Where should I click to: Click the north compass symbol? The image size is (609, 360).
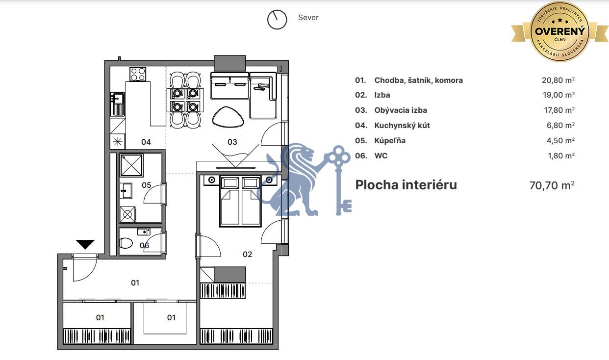tap(277, 19)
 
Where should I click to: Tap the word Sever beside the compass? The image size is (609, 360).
tap(308, 18)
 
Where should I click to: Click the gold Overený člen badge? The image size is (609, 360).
tap(560, 32)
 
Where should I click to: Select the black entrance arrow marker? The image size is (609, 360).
tap(85, 244)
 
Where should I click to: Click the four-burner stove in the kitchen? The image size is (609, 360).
tap(138, 74)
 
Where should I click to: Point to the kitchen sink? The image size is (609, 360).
tap(118, 103)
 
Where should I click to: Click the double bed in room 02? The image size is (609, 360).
tap(240, 201)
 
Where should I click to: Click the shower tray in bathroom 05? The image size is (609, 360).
tap(131, 165)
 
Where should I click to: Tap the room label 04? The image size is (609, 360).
tap(146, 142)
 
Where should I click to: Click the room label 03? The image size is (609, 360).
tap(232, 142)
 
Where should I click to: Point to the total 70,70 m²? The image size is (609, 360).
tap(552, 185)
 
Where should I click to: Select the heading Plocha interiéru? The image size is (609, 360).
tap(406, 185)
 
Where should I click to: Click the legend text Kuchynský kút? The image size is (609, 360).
tap(402, 126)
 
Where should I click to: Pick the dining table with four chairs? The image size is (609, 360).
tap(185, 100)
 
